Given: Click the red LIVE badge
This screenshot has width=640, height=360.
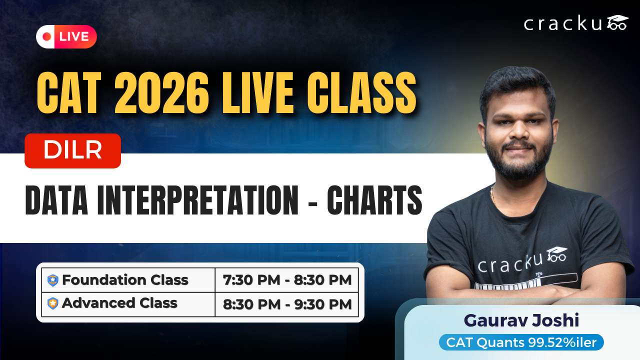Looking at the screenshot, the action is click(66, 36).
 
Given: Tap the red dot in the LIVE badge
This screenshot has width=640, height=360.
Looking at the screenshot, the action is click(46, 36).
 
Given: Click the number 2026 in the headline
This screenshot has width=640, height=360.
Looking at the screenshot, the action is click(161, 93).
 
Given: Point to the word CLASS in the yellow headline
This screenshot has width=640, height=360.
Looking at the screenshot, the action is click(361, 93).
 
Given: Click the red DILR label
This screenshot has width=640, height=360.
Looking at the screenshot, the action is click(72, 151).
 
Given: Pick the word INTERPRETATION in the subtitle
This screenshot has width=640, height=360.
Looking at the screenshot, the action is click(197, 200).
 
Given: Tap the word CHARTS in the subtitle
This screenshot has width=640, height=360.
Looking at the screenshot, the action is click(374, 200).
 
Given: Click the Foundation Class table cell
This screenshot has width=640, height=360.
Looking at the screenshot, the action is click(128, 280).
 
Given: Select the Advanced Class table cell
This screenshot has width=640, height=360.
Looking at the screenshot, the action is click(128, 304).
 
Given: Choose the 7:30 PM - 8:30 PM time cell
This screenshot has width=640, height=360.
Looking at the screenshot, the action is click(287, 280).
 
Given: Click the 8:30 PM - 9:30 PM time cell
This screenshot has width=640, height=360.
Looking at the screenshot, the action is click(287, 304).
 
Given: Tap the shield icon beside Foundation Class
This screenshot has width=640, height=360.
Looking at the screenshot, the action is click(53, 280).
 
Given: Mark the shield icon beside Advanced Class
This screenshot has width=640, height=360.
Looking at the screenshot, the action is click(53, 303).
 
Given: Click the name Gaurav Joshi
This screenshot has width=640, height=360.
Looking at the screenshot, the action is click(521, 320).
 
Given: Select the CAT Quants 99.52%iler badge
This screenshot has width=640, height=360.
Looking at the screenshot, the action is click(521, 342).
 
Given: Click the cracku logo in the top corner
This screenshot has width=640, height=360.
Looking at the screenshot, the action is click(576, 23).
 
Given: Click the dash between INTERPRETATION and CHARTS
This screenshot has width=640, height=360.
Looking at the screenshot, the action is click(312, 203).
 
